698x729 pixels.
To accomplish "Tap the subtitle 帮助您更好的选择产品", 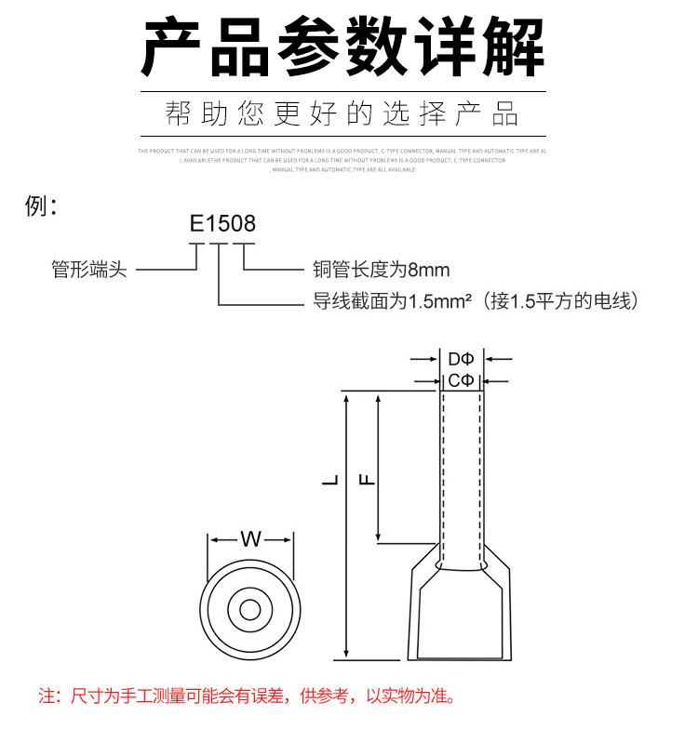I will click(342, 114).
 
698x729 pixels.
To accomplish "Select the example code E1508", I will click(222, 224).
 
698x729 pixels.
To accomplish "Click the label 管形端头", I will click(88, 270).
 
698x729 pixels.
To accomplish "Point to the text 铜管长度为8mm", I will click(381, 270).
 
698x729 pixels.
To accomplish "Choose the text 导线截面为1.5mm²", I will click(392, 301).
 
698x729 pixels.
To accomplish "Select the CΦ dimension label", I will click(462, 379).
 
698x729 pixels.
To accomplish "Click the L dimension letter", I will click(330, 481).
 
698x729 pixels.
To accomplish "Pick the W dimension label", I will click(250, 539).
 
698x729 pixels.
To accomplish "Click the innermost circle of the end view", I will click(249, 610).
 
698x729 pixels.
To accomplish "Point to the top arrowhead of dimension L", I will click(347, 397).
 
